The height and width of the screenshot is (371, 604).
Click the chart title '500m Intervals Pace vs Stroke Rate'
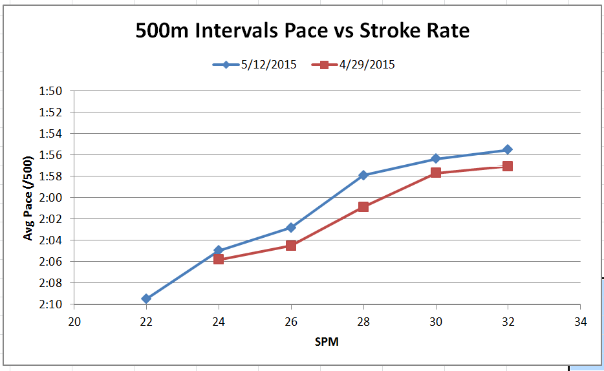coord(302,31)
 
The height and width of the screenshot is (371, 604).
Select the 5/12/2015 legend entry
coord(255,65)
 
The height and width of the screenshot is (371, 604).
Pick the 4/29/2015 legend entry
coord(353,65)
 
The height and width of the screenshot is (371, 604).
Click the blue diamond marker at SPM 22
coord(146,299)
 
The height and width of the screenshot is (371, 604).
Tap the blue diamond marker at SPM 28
coord(363,175)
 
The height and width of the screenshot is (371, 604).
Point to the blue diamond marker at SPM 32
coord(508,150)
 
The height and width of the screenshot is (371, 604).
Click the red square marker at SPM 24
coord(219,259)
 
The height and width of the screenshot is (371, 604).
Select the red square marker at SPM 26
coord(291,246)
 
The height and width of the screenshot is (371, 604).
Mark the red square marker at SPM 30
coord(436,173)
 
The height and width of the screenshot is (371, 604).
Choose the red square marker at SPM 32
coord(508,166)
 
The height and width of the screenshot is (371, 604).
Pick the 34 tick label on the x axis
coord(580,322)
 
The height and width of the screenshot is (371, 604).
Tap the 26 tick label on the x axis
coord(291,322)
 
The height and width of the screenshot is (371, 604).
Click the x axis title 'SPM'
coord(327,342)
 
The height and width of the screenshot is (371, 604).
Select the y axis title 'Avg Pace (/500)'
coord(28,198)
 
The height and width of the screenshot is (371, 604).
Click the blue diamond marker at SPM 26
coord(291,228)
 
